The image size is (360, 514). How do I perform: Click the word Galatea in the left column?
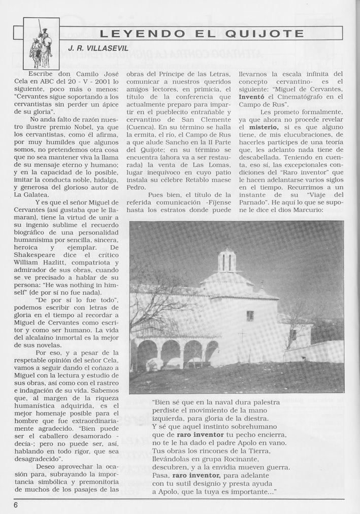[35, 194]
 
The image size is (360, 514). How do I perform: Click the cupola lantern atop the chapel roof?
[227, 261]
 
